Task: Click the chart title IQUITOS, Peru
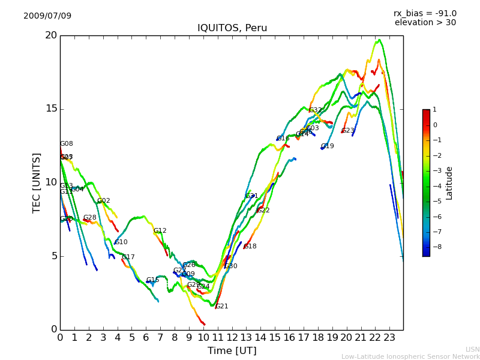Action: point(232,28)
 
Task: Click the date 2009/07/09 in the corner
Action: point(47,16)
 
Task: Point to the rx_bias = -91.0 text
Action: point(425,14)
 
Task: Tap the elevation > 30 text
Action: point(425,23)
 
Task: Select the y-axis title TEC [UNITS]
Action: point(37,182)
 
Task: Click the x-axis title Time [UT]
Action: point(232,351)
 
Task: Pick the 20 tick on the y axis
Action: point(50,35)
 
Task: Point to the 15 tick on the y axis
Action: point(50,109)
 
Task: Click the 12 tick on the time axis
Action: point(232,338)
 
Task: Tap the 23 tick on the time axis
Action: point(389,338)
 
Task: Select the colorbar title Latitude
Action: point(449,183)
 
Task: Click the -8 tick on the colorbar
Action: point(435,247)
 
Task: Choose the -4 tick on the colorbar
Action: point(435,186)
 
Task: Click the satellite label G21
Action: point(222,307)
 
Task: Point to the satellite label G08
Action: point(67,144)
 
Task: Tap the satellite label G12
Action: point(160,231)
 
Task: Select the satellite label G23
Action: point(348,131)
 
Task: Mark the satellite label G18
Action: point(250,247)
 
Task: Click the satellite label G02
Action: point(104,201)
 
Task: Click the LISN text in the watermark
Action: point(472,349)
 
